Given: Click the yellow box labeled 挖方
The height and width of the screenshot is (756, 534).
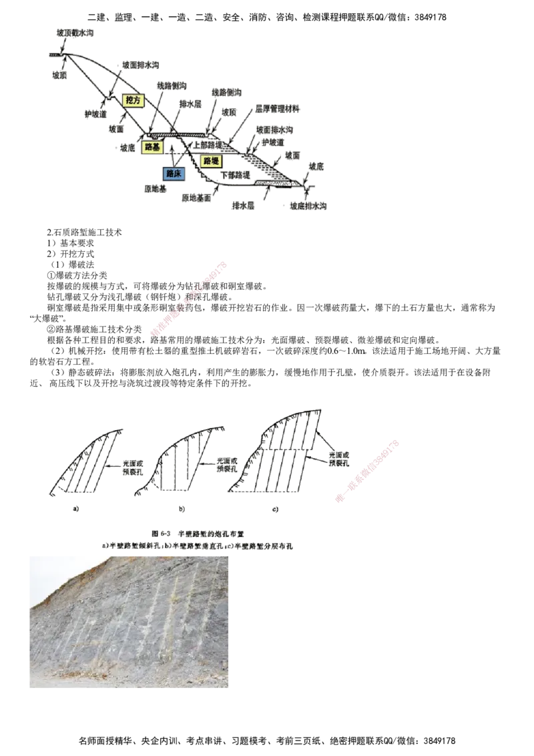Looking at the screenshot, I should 134,100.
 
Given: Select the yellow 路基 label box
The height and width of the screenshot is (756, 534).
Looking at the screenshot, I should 151,148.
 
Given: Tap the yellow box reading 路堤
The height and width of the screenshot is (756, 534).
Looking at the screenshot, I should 211,161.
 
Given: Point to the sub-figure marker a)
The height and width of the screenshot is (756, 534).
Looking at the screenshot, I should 75,509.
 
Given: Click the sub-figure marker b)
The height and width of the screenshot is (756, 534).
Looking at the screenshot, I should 181,509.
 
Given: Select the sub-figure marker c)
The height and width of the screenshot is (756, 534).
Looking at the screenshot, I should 276,510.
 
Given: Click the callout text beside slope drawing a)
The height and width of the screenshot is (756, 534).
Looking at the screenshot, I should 132,466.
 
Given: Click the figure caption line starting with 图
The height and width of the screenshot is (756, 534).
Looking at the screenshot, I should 198,534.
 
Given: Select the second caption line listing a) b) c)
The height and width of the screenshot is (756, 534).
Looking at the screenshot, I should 198,546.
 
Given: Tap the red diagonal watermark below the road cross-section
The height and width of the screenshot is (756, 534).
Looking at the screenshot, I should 189,298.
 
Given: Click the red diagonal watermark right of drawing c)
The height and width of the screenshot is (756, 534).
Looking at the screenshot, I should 367,471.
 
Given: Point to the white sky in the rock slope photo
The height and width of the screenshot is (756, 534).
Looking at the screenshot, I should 50,571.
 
